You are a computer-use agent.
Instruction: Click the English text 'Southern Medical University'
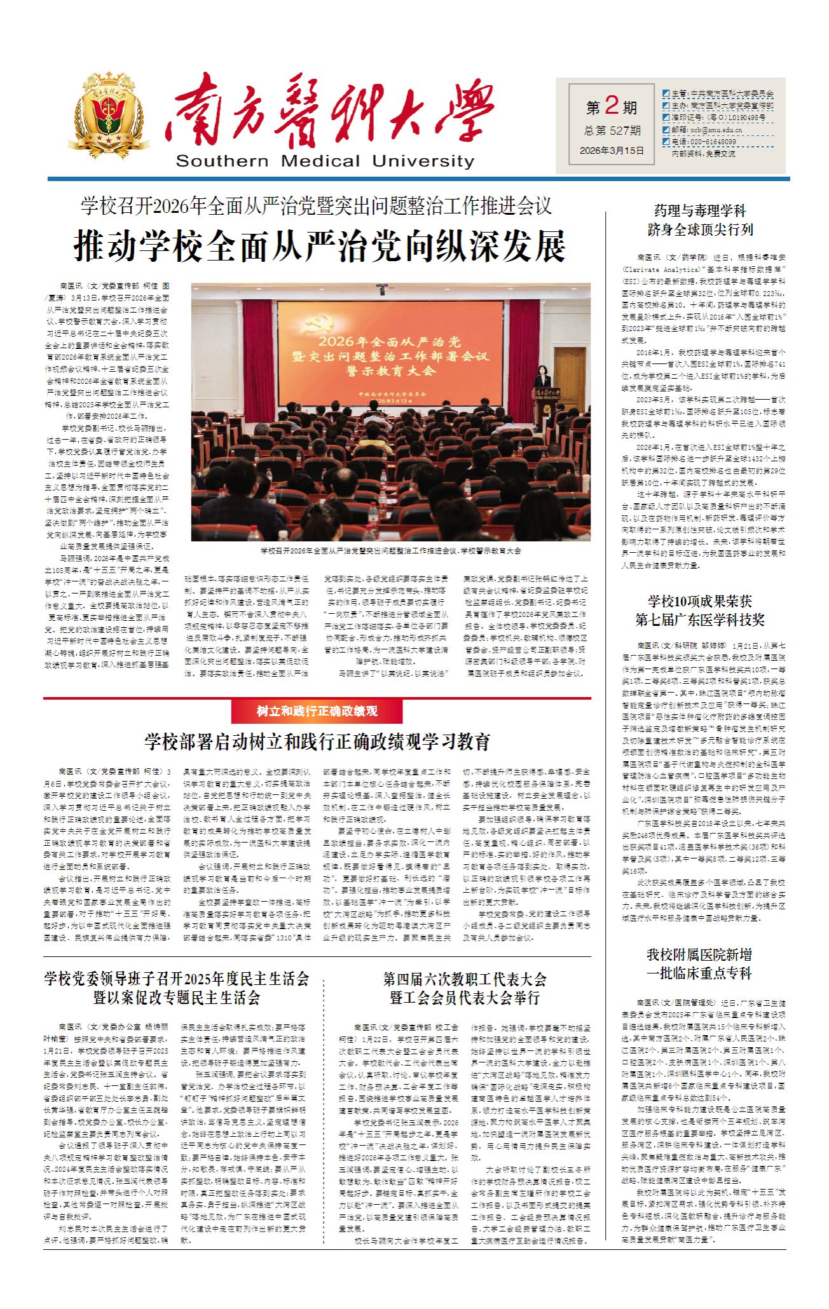pos(325,161)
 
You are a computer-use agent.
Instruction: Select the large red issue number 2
pos(612,104)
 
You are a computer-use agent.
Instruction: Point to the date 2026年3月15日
pos(612,151)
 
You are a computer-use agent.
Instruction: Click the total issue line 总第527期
pos(612,130)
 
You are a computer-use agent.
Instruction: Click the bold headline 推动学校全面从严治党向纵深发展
pos(320,246)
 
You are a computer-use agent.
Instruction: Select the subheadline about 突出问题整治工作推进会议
pos(316,206)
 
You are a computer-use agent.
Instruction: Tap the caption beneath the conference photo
pos(390,550)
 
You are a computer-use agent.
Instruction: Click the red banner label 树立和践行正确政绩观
pos(317,711)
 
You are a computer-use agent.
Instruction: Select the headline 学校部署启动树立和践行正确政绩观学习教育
pos(317,742)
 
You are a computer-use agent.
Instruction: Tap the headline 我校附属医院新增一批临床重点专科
pos(699,963)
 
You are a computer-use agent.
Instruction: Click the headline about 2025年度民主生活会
pos(177,987)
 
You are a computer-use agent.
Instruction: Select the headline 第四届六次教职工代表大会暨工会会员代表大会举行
pos(464,988)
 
